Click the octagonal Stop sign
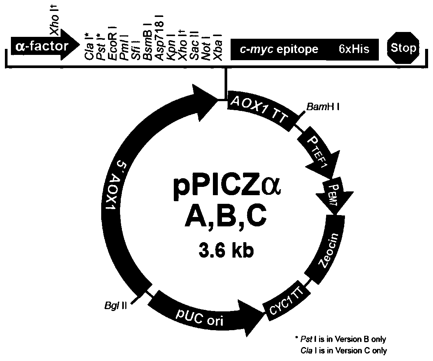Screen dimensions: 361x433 (403, 48)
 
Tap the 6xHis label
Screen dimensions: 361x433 (354, 49)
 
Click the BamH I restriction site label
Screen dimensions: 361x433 (323, 108)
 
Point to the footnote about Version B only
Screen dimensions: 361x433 (340, 339)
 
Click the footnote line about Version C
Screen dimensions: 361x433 (343, 351)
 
